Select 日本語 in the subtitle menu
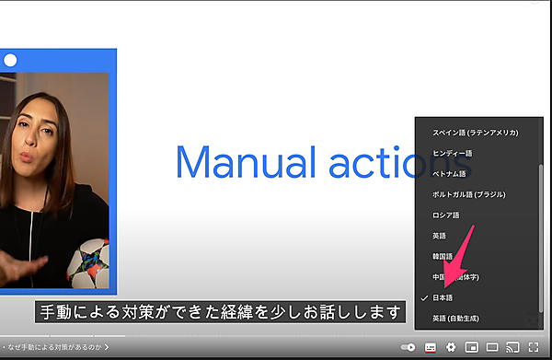pos(445,298)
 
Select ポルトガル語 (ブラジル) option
pos(469,194)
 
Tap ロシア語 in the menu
pos(445,215)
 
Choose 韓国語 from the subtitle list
pos(443,255)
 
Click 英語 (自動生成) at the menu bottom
pos(459,319)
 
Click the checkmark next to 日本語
pos(424,298)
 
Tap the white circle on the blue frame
pos(10,61)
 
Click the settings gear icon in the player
pos(451,347)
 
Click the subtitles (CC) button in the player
pos(430,347)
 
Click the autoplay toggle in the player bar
pos(408,347)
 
